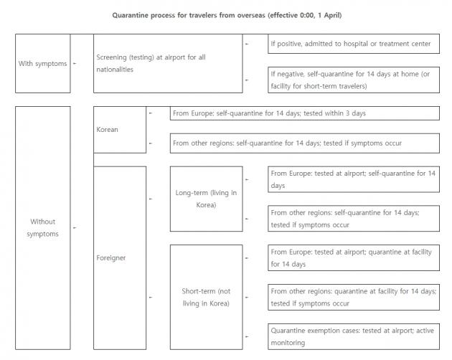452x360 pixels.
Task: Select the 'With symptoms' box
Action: [42, 63]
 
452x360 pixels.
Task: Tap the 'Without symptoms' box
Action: [42, 228]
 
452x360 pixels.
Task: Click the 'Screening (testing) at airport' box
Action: [168, 63]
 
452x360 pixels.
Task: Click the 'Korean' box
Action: [120, 130]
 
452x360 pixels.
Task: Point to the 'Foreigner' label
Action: [111, 257]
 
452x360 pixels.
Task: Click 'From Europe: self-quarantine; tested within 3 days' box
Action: [305, 113]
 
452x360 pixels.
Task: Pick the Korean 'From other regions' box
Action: [305, 143]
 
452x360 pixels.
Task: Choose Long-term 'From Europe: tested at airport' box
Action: [354, 179]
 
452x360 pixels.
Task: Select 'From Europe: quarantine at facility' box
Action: [354, 258]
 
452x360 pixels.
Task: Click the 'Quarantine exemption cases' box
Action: [354, 337]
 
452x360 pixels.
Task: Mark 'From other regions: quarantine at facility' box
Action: [354, 298]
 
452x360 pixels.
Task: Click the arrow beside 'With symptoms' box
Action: [75, 63]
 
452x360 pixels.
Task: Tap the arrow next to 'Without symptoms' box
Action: [75, 228]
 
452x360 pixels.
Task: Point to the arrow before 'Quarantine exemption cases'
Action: [248, 337]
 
